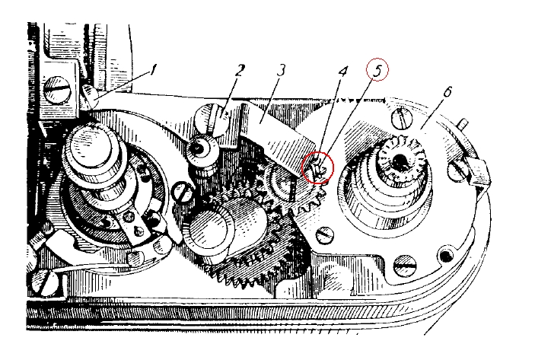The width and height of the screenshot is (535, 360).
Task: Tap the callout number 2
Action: pos(240,72)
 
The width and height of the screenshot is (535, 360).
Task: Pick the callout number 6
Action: pos(447,91)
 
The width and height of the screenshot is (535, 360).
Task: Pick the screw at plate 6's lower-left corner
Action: pos(326,235)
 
